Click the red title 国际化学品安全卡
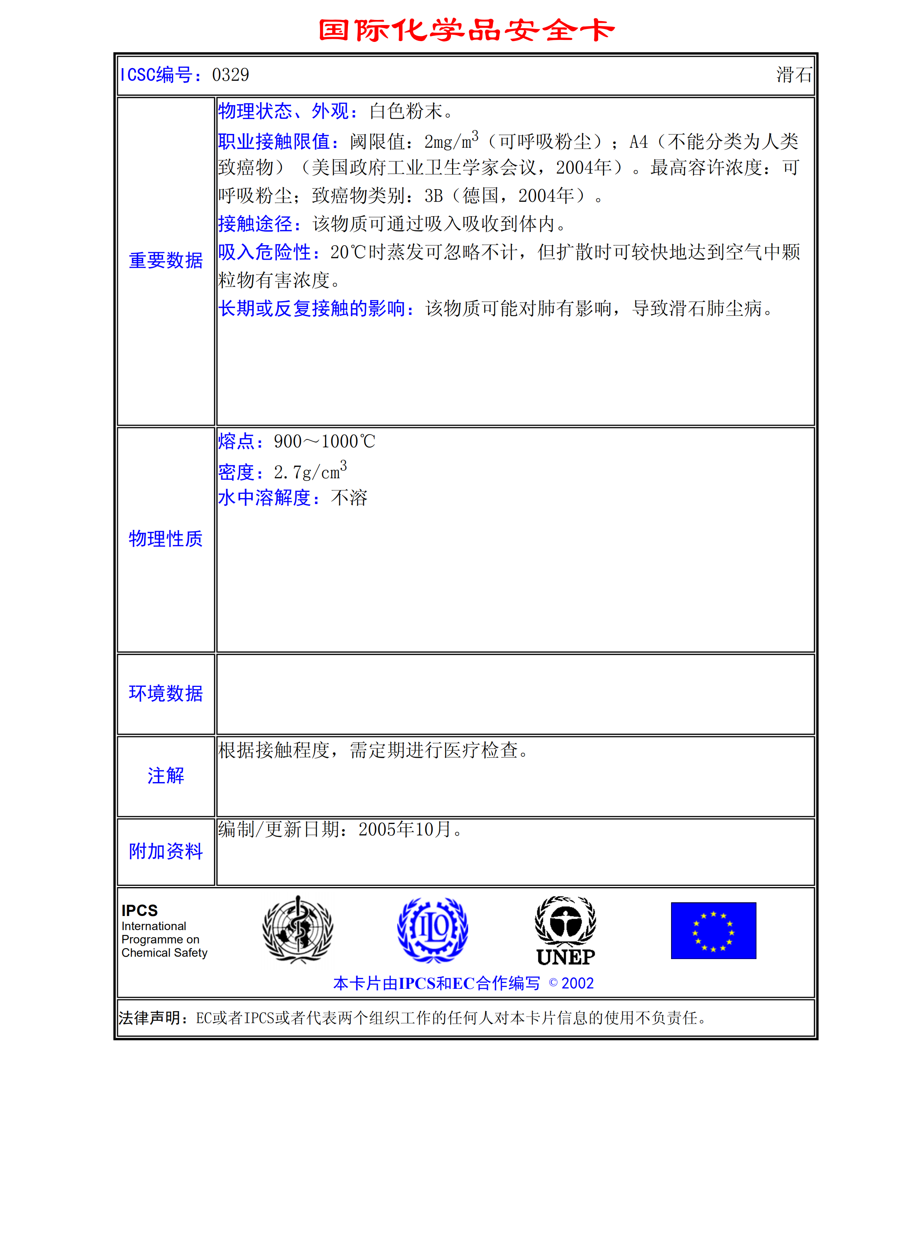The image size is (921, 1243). (466, 30)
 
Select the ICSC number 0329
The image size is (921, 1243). (230, 75)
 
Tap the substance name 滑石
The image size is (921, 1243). (794, 75)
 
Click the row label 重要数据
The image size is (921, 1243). (166, 260)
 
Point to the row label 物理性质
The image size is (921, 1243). (166, 538)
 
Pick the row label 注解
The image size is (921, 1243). (166, 775)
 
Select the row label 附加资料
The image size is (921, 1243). (166, 851)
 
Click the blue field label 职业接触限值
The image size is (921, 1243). (278, 142)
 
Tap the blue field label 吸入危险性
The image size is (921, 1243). (269, 252)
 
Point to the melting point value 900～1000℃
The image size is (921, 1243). (324, 441)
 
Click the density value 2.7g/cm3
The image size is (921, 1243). (310, 472)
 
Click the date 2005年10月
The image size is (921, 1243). (405, 829)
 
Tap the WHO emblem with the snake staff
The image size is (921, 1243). (298, 929)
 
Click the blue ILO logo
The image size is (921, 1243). (432, 929)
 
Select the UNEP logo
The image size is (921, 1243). (565, 930)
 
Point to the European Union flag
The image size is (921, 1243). (713, 930)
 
